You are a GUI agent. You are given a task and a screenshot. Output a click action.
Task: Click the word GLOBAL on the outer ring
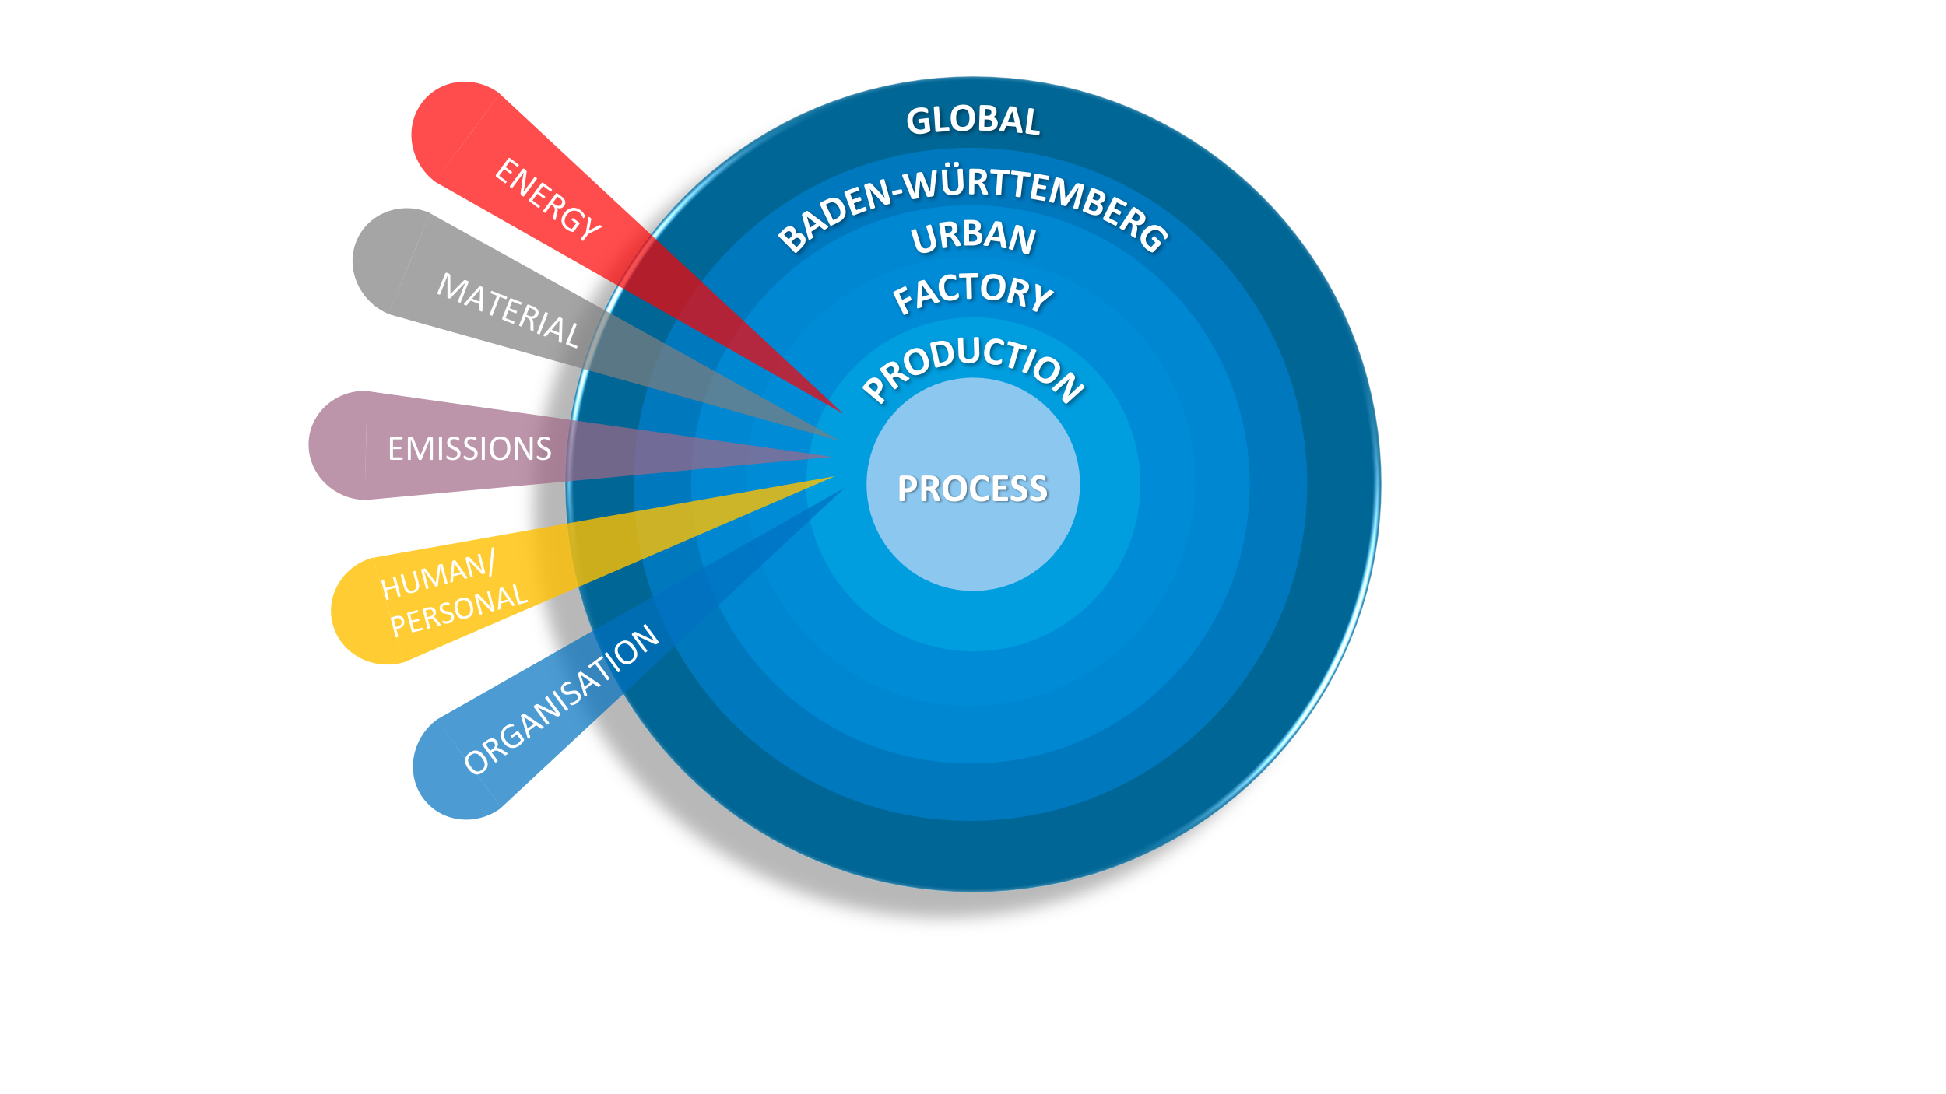pyautogui.click(x=973, y=121)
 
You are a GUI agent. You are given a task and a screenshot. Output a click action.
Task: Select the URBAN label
pyautogui.click(x=973, y=237)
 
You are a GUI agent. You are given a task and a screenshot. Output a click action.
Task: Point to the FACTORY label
pyautogui.click(x=973, y=291)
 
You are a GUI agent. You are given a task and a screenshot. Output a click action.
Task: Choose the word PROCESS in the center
pyautogui.click(x=973, y=489)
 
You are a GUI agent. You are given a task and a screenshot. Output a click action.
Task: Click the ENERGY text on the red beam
pyautogui.click(x=548, y=199)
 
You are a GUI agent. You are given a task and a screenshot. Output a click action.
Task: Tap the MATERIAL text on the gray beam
pyautogui.click(x=508, y=310)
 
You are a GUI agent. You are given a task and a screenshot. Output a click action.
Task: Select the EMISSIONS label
pyautogui.click(x=469, y=449)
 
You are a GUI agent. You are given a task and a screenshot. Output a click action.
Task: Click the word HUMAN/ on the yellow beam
pyautogui.click(x=437, y=575)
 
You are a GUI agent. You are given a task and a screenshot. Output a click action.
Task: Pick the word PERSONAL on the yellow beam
pyautogui.click(x=458, y=610)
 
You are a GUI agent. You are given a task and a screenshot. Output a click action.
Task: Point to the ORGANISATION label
pyautogui.click(x=561, y=700)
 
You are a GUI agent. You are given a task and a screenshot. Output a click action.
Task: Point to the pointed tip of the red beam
pyautogui.click(x=843, y=412)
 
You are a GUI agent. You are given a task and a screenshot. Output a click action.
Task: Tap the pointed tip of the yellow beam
pyautogui.click(x=835, y=477)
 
